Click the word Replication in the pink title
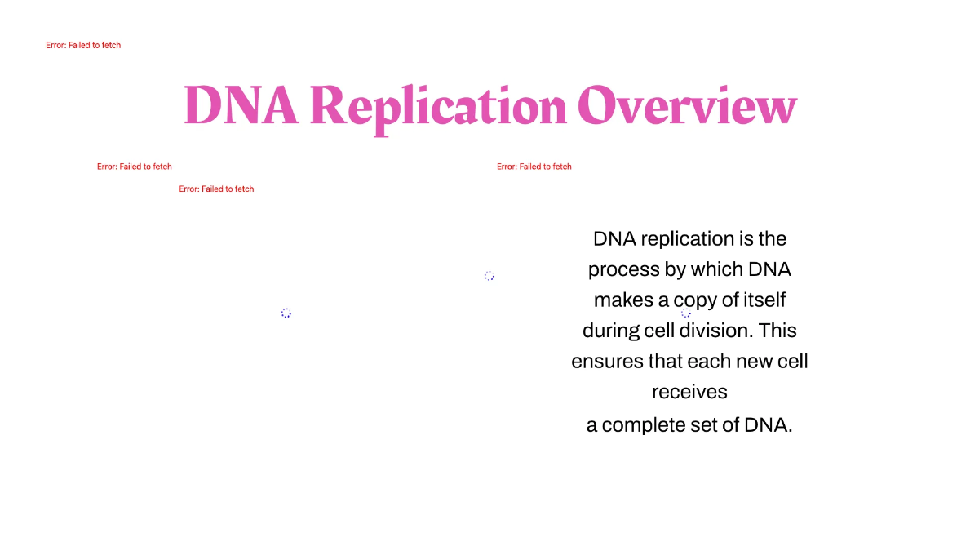[438, 106]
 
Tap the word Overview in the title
[687, 106]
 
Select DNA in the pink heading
[241, 106]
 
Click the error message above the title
[83, 46]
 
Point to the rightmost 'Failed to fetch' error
[534, 167]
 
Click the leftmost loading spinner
[286, 313]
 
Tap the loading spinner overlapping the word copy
[686, 313]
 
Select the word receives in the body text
[689, 393]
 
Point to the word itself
[764, 300]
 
